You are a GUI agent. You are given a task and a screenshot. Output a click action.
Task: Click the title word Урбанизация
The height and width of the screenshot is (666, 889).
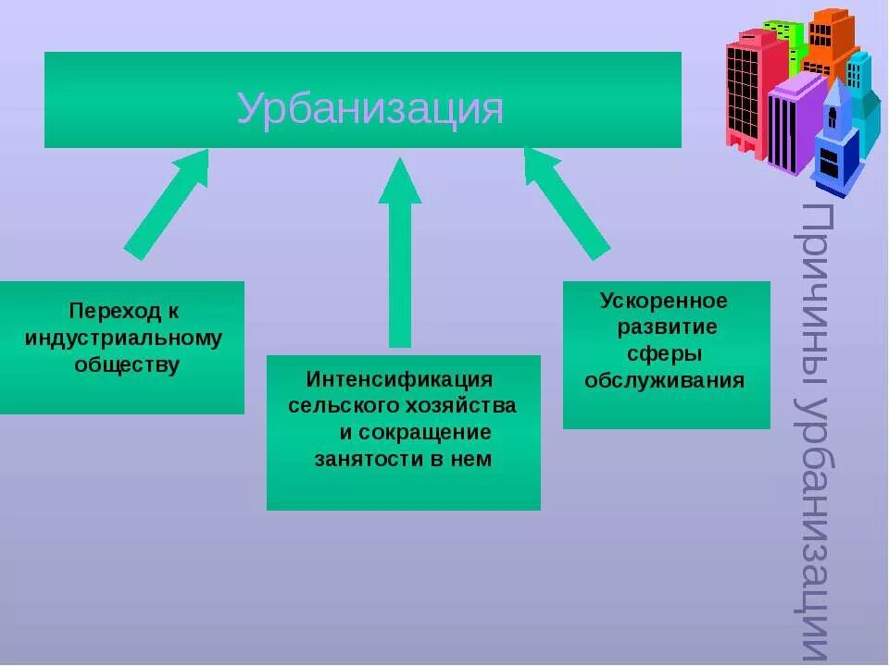point(369,109)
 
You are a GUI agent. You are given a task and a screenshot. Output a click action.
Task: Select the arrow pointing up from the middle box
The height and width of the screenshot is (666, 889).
point(399,254)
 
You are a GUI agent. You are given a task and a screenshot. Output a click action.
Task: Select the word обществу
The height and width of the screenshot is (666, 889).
point(127,364)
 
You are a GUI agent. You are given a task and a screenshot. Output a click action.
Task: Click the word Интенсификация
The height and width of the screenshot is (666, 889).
point(399,380)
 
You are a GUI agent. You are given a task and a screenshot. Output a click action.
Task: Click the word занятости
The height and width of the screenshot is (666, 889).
point(364,460)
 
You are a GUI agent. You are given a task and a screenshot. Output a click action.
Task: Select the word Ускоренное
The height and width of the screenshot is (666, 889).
point(664,302)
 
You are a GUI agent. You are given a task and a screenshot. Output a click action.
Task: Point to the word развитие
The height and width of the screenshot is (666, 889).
point(667,328)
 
